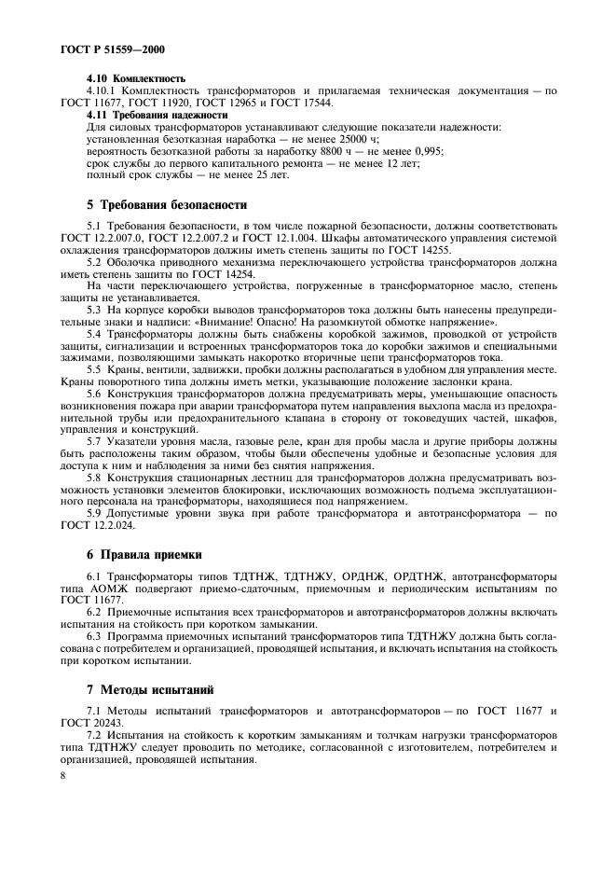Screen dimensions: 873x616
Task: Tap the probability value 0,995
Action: pyautogui.click(x=426, y=150)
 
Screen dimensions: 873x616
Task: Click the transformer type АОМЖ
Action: pyautogui.click(x=134, y=589)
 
